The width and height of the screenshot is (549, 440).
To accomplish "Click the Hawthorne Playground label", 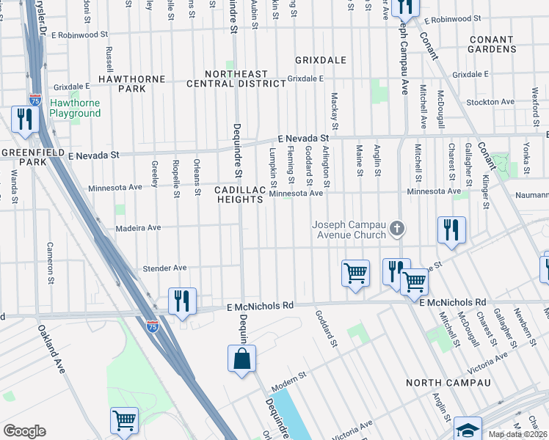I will [x=74, y=108].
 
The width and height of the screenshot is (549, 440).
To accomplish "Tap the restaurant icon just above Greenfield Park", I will [x=24, y=120].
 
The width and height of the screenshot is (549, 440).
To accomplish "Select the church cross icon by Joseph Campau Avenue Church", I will [x=396, y=229].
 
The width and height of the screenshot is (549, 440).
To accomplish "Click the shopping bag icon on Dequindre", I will [x=241, y=359].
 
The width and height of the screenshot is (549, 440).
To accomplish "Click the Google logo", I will [x=24, y=430].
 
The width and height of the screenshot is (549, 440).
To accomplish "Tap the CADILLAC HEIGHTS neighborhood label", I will [x=239, y=194].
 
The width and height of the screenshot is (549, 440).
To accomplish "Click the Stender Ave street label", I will [x=164, y=268].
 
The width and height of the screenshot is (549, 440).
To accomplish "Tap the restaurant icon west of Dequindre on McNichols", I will [x=181, y=301].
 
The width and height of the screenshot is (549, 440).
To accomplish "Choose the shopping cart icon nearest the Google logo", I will [x=124, y=421].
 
